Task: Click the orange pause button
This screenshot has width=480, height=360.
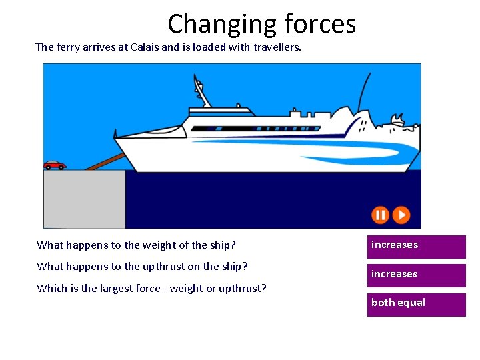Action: [379, 215]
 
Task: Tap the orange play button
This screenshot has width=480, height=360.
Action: [401, 215]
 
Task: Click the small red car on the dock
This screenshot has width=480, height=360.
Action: [55, 165]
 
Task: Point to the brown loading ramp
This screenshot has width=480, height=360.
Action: [107, 162]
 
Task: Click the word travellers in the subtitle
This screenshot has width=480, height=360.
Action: [275, 47]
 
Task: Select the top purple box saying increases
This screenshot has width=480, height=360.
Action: [416, 245]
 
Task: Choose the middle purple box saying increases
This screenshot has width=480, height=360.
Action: [416, 275]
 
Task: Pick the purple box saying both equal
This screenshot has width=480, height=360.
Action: [416, 303]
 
